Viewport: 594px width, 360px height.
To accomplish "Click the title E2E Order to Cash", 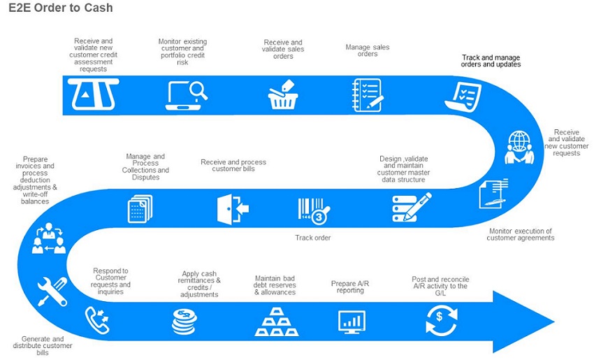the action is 61,8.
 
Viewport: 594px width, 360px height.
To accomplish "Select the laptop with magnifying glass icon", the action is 187,96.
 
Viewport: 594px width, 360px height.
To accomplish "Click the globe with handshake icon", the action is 519,147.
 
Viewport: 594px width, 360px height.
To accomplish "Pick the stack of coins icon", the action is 184,322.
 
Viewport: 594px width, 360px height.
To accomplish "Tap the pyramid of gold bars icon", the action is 277,322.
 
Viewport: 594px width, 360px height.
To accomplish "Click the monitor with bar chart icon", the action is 352,322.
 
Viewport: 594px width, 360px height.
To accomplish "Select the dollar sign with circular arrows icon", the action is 442,321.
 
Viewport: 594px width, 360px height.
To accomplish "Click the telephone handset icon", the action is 97,320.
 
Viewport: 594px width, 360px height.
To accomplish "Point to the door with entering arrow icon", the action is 233,210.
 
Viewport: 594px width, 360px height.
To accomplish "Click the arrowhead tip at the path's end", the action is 555,322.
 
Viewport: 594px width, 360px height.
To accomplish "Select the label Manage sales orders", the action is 368,50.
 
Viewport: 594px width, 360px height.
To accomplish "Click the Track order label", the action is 313,238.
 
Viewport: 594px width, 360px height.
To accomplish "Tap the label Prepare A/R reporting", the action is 350,287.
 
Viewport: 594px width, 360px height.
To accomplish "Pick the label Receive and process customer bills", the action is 233,165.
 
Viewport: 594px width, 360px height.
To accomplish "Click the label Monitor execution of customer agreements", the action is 521,234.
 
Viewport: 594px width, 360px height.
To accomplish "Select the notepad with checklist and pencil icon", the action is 367,95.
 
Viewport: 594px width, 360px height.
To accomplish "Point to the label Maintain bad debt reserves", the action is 275,285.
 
